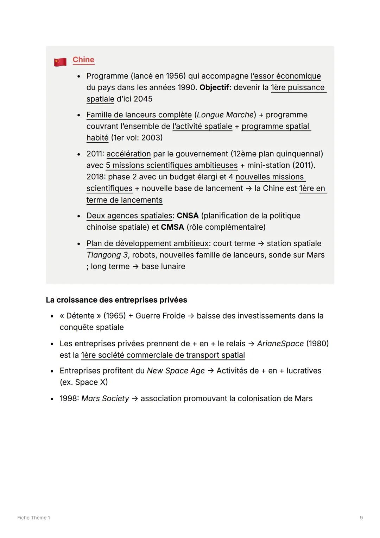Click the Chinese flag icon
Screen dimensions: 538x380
tap(60, 62)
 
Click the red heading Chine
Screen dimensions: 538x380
tap(83, 60)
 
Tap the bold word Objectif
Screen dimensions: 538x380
tap(214, 87)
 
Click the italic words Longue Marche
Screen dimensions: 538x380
tap(225, 115)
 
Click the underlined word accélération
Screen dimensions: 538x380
tap(128, 154)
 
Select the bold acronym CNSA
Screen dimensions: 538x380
tap(188, 216)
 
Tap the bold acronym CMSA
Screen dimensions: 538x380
tap(172, 227)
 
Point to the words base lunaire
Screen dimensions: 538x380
tap(163, 267)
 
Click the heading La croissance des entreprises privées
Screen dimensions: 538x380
tap(116, 300)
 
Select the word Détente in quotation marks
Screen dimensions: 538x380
tap(80, 316)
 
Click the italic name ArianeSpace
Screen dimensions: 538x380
tap(280, 344)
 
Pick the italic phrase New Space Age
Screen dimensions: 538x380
tap(176, 371)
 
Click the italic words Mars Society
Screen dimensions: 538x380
tap(105, 398)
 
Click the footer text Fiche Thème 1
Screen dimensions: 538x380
tap(34, 518)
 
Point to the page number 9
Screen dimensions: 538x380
tap(361, 518)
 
